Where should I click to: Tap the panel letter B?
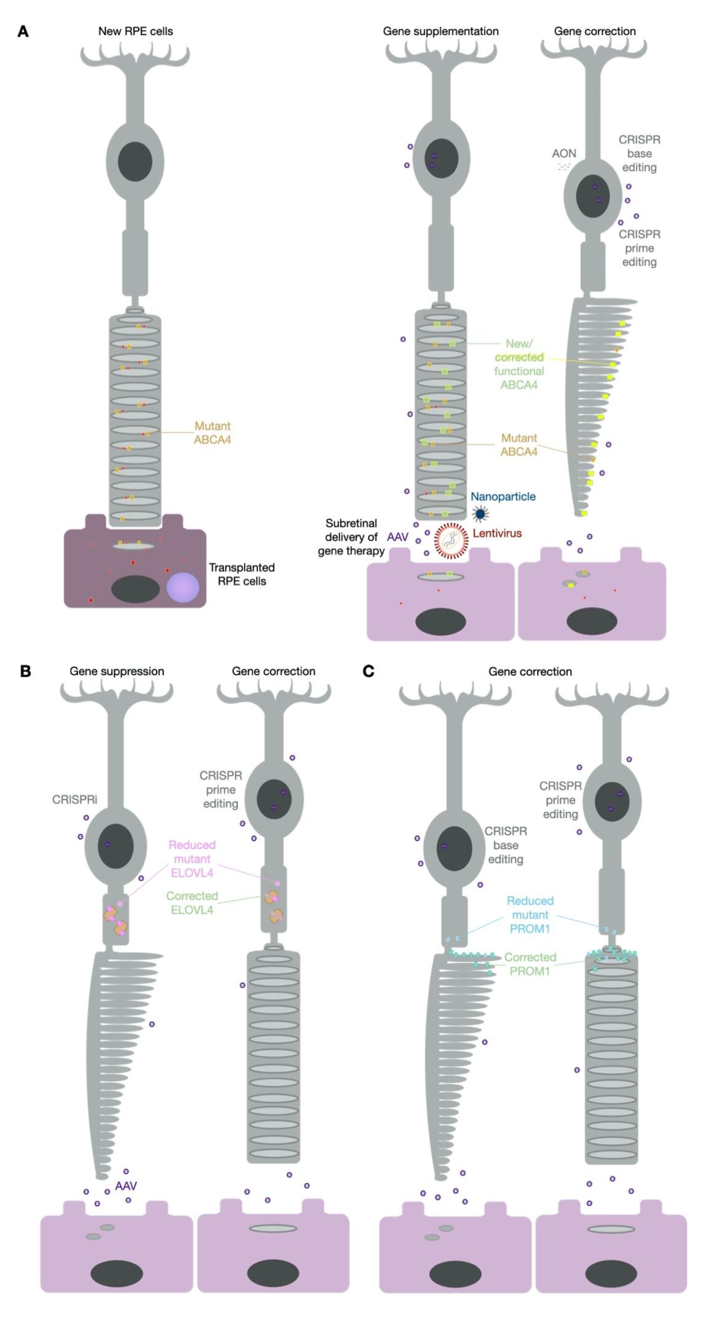pyautogui.click(x=25, y=671)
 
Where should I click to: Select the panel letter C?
pyautogui.click(x=368, y=671)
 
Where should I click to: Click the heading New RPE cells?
pyautogui.click(x=136, y=31)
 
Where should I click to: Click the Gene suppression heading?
pyautogui.click(x=117, y=671)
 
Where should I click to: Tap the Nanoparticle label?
pyautogui.click(x=503, y=497)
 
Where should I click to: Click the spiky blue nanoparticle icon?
pyautogui.click(x=480, y=513)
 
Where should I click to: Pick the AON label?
pyautogui.click(x=564, y=154)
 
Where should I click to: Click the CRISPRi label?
pyautogui.click(x=75, y=799)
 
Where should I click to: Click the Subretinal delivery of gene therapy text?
pyautogui.click(x=351, y=537)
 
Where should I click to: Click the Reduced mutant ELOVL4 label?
pyautogui.click(x=192, y=859)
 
